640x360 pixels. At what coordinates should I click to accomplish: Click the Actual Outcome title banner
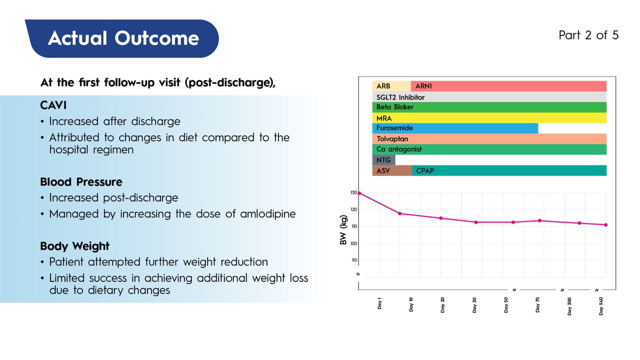click(x=123, y=38)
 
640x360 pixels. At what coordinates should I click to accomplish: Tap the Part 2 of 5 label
click(x=588, y=35)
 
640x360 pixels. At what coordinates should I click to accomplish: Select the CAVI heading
click(x=53, y=106)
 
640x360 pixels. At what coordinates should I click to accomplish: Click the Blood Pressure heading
click(x=81, y=182)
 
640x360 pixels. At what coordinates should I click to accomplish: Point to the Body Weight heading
click(x=74, y=246)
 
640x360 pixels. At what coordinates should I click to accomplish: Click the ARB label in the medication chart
click(x=383, y=86)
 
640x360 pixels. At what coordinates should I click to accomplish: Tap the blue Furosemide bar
click(x=455, y=128)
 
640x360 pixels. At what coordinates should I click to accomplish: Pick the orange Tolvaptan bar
click(x=489, y=139)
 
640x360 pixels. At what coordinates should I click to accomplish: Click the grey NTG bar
click(x=383, y=160)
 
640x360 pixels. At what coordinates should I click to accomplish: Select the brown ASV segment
click(x=392, y=170)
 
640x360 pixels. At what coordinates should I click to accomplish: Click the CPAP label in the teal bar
click(x=425, y=170)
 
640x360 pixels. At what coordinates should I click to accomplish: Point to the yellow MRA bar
click(x=489, y=118)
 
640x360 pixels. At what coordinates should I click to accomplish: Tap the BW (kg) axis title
click(x=343, y=233)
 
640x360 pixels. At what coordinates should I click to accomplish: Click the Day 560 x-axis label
click(x=601, y=305)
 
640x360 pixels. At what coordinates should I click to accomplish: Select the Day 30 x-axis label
click(x=474, y=305)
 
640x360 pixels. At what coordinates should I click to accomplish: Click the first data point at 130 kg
click(x=359, y=193)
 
